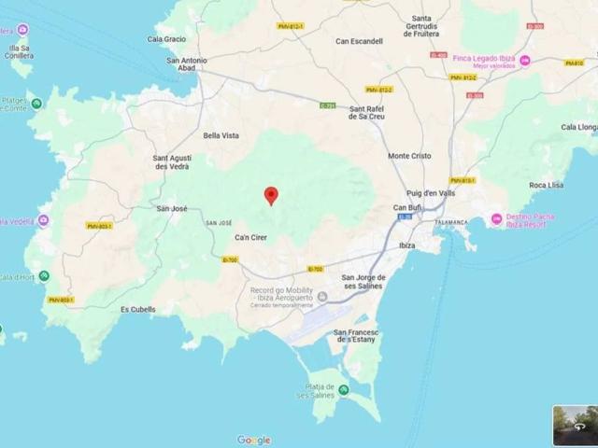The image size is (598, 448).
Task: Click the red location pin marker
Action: [272, 195]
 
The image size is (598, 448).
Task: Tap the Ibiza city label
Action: [406, 245]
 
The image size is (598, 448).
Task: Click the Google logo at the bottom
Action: [253, 440]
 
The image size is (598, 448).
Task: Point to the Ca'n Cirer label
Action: [250, 237]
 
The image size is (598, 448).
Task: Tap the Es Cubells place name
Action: [138, 309]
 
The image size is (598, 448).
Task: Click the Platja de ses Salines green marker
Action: [343, 389]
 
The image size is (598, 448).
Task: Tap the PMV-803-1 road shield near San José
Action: [99, 226]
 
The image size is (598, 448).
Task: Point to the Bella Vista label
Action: [221, 135]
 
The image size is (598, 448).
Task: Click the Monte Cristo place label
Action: [409, 156]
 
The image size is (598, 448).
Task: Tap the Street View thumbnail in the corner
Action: [574, 426]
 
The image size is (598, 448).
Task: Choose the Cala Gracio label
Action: [166, 39]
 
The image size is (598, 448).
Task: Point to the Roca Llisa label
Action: [546, 185]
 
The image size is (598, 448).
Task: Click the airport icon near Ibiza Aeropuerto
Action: [322, 297]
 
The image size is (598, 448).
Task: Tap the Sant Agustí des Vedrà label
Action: [172, 162]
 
